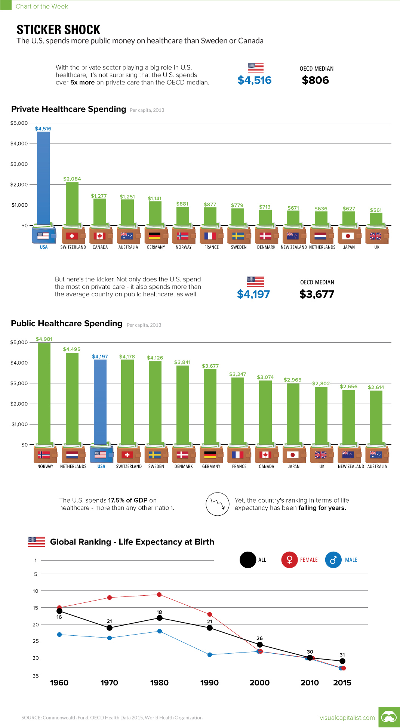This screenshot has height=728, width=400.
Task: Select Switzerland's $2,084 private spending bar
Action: pyautogui.click(x=72, y=204)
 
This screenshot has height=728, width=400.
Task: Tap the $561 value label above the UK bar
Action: pyautogui.click(x=376, y=210)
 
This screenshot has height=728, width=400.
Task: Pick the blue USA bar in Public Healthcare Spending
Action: pyautogui.click(x=100, y=402)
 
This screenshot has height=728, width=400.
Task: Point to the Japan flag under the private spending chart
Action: pyautogui.click(x=348, y=236)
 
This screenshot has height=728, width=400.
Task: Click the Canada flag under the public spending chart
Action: pyautogui.click(x=265, y=455)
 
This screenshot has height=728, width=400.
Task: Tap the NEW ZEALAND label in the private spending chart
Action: pyautogui.click(x=294, y=247)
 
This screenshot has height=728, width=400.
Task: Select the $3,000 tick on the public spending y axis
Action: pyautogui.click(x=19, y=383)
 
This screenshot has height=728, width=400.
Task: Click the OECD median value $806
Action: pyautogui.click(x=315, y=80)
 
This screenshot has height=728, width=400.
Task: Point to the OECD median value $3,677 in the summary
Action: pyautogui.click(x=317, y=294)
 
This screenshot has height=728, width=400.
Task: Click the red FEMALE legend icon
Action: pyautogui.click(x=289, y=560)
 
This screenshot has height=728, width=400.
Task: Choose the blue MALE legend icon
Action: pyautogui.click(x=333, y=560)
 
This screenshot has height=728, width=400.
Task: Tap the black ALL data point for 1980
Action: pyautogui.click(x=160, y=618)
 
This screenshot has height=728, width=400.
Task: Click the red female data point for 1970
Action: pyautogui.click(x=110, y=598)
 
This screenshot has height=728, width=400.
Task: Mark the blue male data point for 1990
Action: pyautogui.click(x=210, y=655)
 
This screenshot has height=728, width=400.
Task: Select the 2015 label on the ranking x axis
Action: pyautogui.click(x=342, y=683)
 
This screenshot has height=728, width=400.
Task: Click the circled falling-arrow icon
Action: pyautogui.click(x=217, y=504)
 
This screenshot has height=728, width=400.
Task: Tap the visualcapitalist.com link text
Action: pyautogui.click(x=347, y=718)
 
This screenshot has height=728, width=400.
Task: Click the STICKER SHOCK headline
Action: pyautogui.click(x=59, y=30)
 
